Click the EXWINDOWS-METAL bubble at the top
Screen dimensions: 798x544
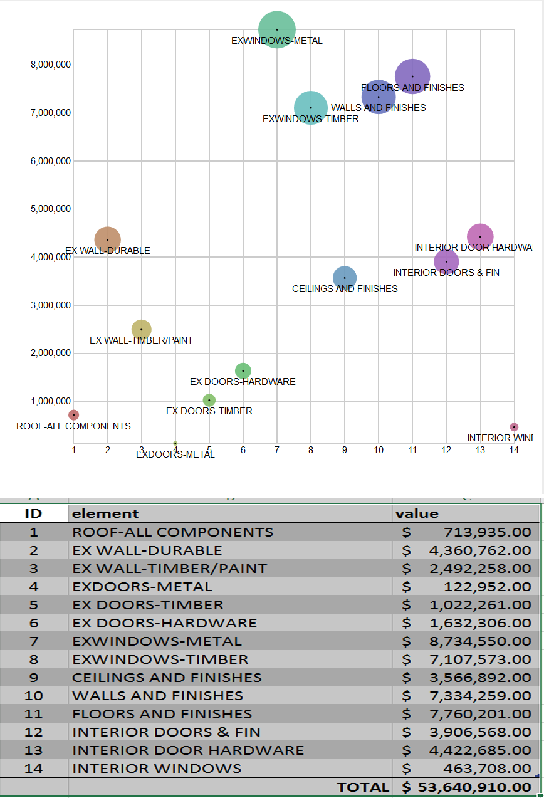[277, 29]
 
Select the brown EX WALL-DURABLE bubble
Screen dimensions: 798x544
[108, 239]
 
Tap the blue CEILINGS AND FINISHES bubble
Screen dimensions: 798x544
[345, 278]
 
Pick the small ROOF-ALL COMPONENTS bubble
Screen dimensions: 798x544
[74, 415]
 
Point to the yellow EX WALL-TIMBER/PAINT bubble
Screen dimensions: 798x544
[142, 330]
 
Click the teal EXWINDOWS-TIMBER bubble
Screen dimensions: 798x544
[311, 108]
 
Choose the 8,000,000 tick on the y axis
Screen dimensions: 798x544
[50, 65]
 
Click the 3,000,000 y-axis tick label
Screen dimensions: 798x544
[50, 305]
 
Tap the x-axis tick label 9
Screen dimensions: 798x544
[345, 450]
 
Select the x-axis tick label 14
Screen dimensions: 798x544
[514, 450]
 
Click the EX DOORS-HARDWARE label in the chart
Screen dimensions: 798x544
[243, 382]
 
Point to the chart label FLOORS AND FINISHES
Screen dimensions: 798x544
[412, 88]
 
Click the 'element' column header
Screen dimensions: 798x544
[106, 514]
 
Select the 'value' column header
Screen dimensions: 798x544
[417, 514]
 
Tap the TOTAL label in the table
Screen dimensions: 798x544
[363, 787]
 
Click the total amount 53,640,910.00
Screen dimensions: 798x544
[474, 787]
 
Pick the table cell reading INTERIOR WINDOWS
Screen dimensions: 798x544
[157, 769]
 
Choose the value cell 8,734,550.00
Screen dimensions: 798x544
[480, 641]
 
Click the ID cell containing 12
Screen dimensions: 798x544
[34, 732]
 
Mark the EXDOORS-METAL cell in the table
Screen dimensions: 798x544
[142, 587]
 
